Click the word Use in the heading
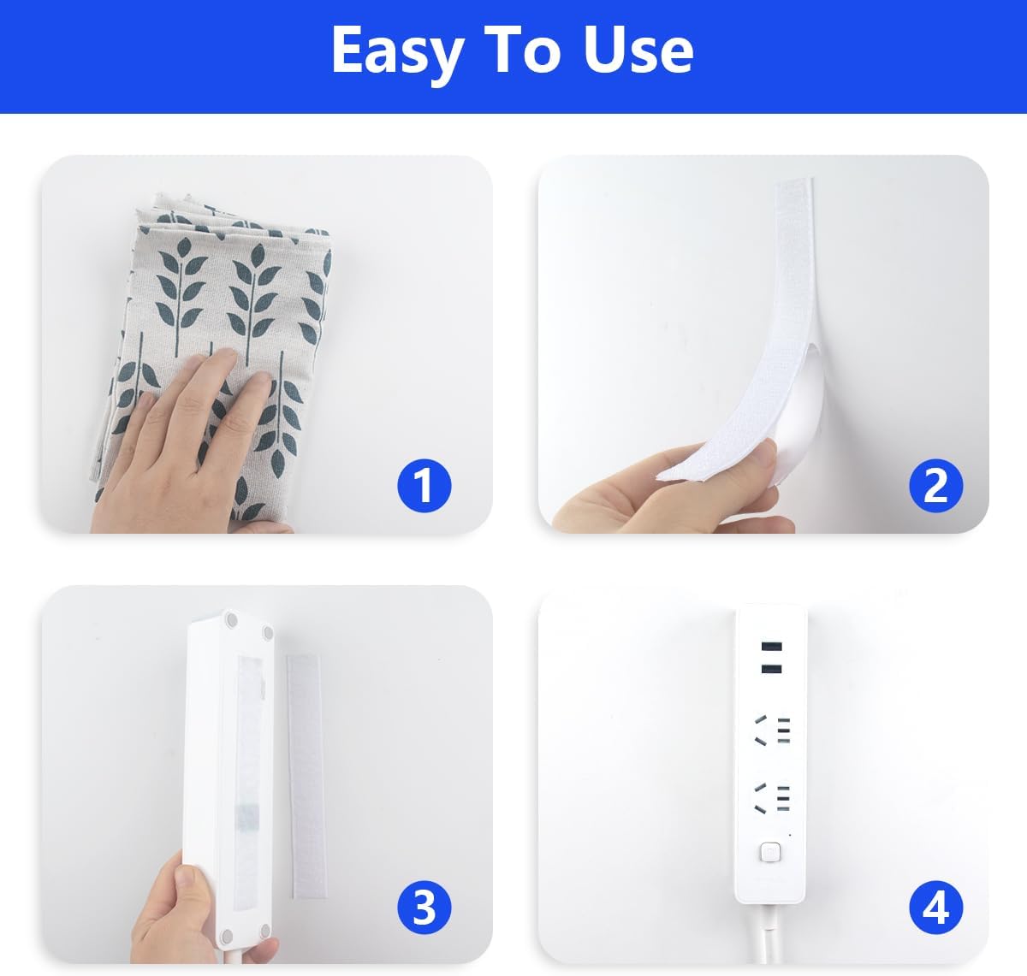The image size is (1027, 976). coord(638,50)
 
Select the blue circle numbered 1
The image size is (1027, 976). coord(424,486)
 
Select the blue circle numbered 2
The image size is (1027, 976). coord(935,486)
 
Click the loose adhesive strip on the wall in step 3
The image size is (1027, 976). coord(306,777)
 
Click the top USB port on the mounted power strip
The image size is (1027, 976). coord(771,647)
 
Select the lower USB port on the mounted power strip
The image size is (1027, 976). coord(771,668)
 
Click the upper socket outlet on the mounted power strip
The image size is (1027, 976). coord(772,730)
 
